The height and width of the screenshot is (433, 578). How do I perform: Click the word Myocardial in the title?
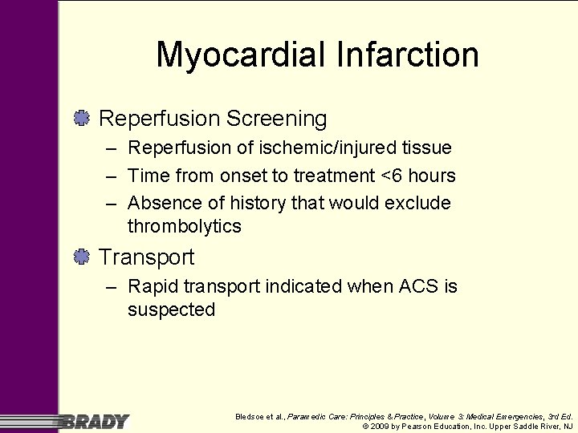click(238, 55)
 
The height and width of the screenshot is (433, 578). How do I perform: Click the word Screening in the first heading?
click(277, 119)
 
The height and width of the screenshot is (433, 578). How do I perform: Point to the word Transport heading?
click(146, 257)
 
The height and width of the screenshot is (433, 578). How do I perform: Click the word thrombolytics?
click(184, 226)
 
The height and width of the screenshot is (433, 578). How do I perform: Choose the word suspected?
click(171, 310)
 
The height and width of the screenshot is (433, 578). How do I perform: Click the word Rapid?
click(154, 286)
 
